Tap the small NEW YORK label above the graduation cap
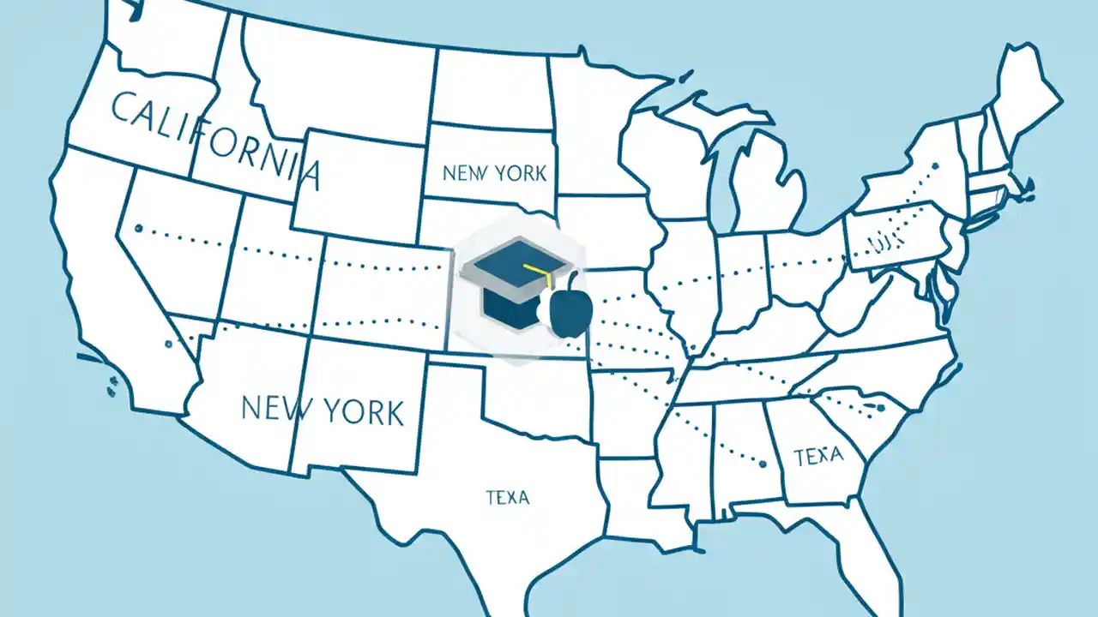coord(494,173)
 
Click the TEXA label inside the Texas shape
coord(507,497)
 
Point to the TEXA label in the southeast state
coord(818,456)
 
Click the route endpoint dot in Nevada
coord(138,229)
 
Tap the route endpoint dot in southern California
coord(168,344)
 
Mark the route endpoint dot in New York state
coord(935,166)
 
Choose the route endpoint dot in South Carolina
coord(880,408)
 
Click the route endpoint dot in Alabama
coord(762,464)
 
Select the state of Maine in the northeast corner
coord(1025,94)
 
